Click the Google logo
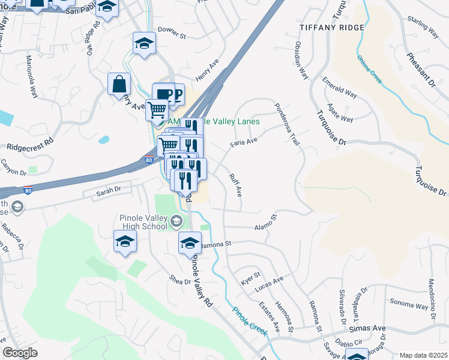coord(20,353)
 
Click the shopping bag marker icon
coord(119,85)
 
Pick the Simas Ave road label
coord(369,329)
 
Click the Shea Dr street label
coord(179,280)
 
